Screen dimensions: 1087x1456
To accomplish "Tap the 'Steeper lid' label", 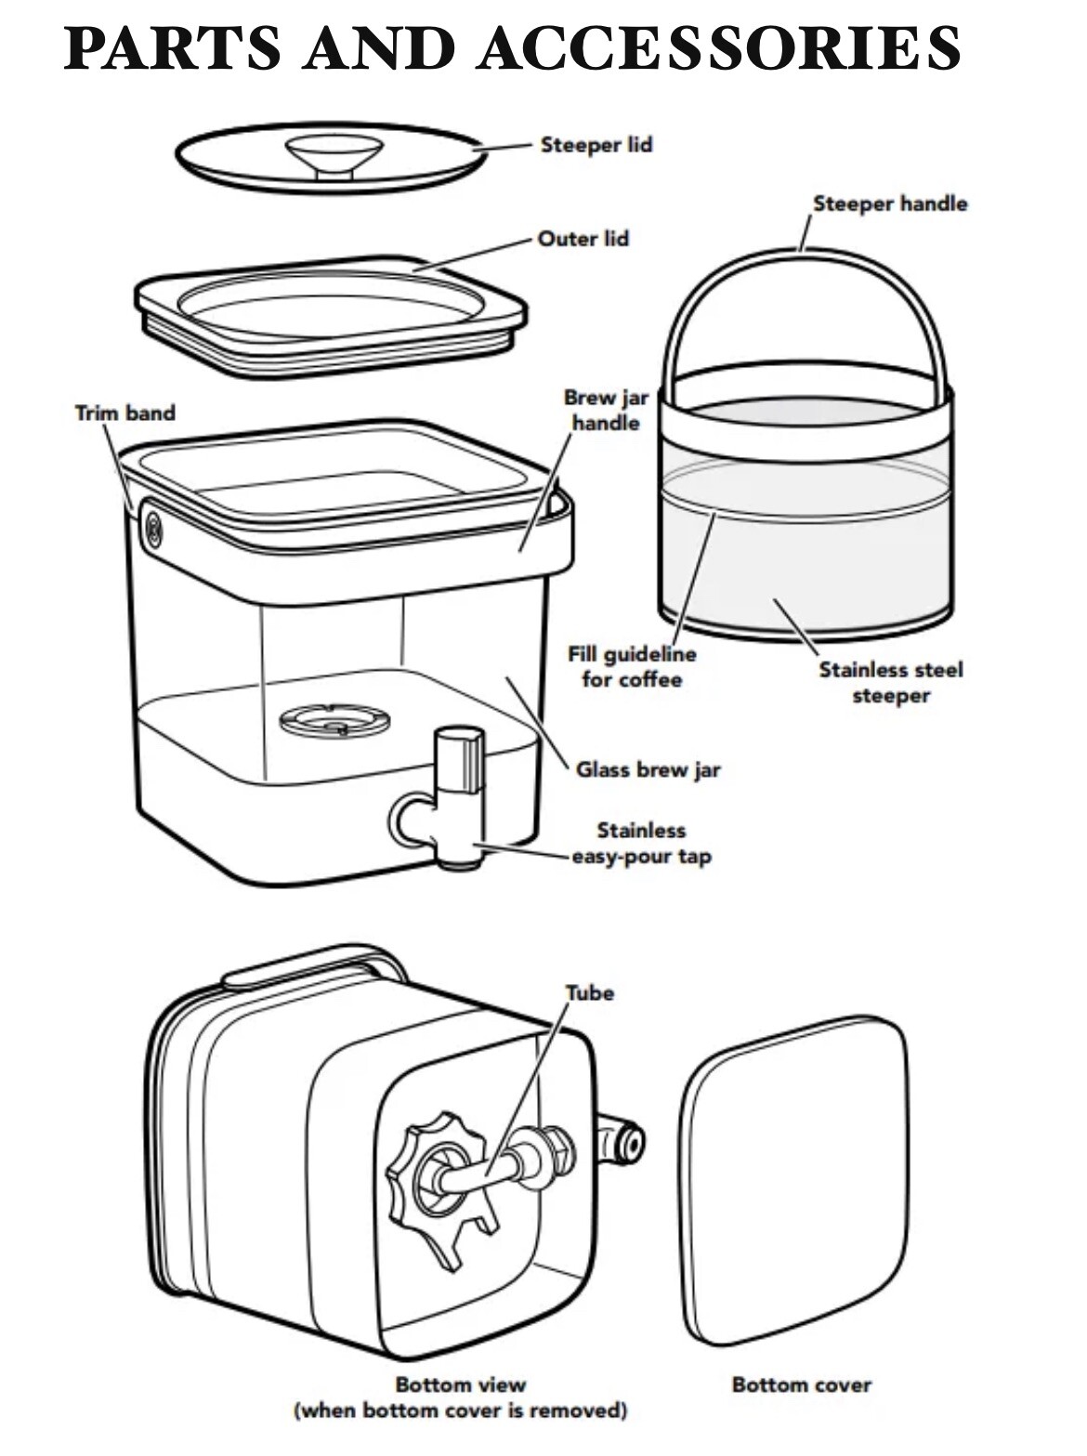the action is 596,145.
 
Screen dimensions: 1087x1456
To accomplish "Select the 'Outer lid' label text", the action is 583,239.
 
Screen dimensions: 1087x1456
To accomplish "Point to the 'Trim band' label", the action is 125,413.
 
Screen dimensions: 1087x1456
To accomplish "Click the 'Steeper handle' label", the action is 890,203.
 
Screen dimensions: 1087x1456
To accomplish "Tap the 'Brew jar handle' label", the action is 606,410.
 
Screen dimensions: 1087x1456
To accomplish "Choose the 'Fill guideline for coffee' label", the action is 632,666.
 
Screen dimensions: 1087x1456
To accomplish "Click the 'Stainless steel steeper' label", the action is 891,683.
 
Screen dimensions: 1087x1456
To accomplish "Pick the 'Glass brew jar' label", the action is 648,770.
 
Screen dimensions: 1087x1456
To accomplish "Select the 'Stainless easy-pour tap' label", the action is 641,843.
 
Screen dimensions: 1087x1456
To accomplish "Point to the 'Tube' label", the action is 590,993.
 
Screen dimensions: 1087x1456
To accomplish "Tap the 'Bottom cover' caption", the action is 801,1384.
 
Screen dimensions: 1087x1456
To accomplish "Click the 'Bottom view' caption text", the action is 460,1384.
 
